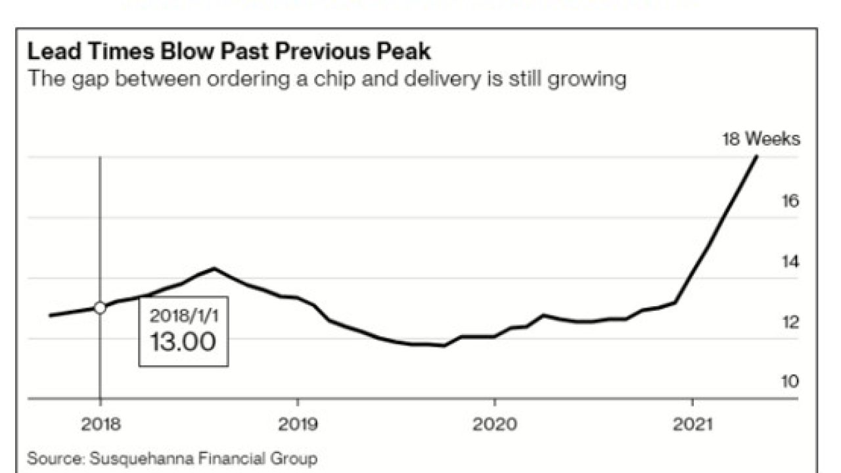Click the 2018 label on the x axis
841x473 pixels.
tap(100, 425)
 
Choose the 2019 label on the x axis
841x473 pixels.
tap(298, 425)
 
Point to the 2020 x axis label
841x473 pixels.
tap(494, 425)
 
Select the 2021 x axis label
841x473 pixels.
tap(691, 425)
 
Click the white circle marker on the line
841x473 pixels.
tap(100, 307)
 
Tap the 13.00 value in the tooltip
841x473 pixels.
tap(183, 342)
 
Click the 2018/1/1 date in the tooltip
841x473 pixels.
tap(183, 315)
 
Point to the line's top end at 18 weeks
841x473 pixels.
tap(757, 156)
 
